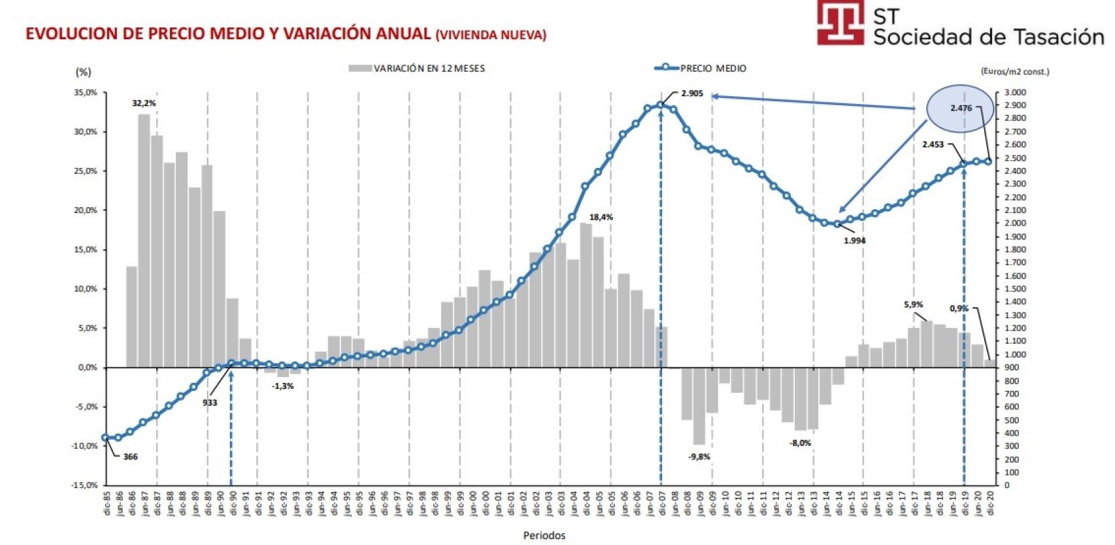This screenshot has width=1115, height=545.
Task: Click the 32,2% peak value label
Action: [144, 103]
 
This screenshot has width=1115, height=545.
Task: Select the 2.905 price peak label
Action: [691, 93]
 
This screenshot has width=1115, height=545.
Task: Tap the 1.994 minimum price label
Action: [854, 240]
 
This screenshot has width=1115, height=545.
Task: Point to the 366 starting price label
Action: [130, 457]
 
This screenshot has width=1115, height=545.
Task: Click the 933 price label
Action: [209, 403]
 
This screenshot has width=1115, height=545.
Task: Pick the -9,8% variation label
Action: [699, 457]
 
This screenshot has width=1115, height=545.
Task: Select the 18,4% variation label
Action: [601, 217]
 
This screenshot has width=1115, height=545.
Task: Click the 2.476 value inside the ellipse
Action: [961, 108]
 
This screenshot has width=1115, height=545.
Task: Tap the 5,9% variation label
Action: [913, 305]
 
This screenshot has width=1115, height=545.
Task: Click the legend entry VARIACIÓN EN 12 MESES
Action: [429, 68]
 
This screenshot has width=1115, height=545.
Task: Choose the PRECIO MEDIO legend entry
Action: [712, 68]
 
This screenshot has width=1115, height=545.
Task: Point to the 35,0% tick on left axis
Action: [86, 93]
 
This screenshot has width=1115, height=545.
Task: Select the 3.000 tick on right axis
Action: [1015, 93]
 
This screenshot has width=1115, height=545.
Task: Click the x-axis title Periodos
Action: [544, 535]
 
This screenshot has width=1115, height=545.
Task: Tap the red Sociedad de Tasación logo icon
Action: [840, 22]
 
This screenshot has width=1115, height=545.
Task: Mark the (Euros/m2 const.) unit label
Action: [1014, 71]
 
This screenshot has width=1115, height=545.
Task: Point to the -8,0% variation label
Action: [800, 443]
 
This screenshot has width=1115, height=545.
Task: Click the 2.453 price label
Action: [933, 144]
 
